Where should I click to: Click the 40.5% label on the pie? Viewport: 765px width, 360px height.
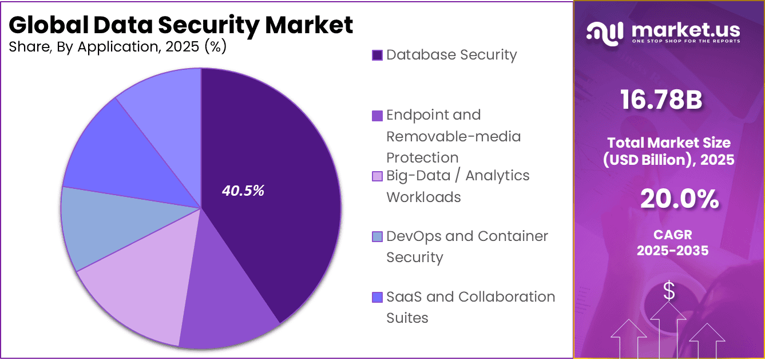point(243,191)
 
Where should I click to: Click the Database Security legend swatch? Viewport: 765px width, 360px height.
point(377,56)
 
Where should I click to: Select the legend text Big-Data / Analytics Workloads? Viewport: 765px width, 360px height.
point(458,186)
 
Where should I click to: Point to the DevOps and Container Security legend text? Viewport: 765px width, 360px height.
point(467,247)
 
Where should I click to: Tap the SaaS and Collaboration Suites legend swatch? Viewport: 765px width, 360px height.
point(377,298)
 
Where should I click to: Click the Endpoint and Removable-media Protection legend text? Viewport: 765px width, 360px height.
point(453,136)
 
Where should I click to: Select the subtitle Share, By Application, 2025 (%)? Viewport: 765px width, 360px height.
point(118,47)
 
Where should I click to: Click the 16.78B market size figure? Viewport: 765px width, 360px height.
point(661,100)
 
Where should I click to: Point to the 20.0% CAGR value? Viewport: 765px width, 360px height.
point(680,199)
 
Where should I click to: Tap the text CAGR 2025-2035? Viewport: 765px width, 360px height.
point(672,243)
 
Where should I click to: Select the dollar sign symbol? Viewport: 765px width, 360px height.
point(669,291)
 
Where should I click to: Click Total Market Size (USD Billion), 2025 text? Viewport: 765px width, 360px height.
point(669,151)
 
